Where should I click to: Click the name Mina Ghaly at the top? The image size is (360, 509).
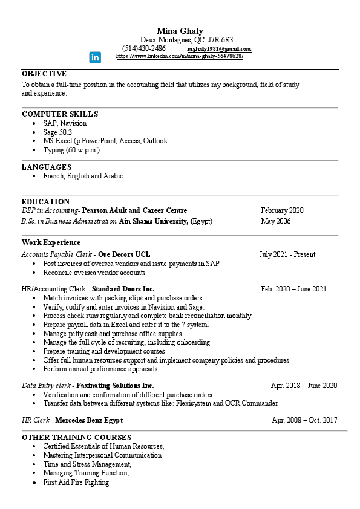coord(180,31)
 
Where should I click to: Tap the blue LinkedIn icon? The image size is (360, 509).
coord(96,57)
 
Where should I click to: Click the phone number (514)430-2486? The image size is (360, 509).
coord(144,48)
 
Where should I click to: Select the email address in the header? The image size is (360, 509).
coord(219,49)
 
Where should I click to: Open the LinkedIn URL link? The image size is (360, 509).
coord(179,56)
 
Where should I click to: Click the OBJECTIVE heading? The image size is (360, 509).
coord(44,73)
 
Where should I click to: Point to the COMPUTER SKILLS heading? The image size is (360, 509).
coord(60,114)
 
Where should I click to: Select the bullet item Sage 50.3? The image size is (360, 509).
coord(57,132)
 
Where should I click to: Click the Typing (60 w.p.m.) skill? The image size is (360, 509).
coord(71,149)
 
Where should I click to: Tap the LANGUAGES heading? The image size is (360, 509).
coord(47,167)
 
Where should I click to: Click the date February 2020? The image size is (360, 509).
coord(282,210)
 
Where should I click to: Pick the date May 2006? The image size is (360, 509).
coord(276,221)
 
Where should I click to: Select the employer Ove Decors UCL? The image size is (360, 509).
coord(124,254)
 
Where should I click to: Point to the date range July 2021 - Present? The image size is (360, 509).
coord(287,254)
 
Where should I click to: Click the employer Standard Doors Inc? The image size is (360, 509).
coord(123,289)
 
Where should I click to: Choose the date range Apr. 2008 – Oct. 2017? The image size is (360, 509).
coord(304,420)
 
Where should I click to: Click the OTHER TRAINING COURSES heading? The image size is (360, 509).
coord(76,437)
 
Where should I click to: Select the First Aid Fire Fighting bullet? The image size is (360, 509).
coord(76,482)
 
